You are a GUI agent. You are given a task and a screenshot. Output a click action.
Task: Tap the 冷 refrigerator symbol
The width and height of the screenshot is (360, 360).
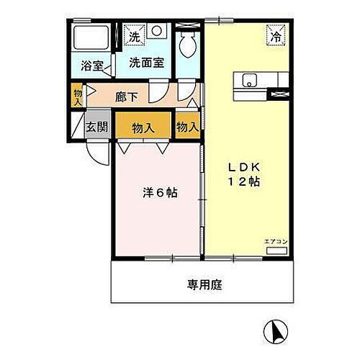(276, 33)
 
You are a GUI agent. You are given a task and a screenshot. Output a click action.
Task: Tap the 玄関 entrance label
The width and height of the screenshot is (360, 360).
(97, 126)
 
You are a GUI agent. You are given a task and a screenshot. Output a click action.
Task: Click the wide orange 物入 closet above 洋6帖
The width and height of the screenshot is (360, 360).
(143, 127)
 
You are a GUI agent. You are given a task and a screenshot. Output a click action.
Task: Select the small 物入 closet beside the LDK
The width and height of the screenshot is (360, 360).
(187, 127)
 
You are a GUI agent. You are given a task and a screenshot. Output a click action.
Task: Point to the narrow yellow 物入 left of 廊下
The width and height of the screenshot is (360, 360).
(78, 96)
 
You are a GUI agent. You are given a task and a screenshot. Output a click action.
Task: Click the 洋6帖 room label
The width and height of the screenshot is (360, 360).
(158, 194)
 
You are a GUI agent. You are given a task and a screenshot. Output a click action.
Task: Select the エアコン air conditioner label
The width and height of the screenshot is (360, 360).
(275, 241)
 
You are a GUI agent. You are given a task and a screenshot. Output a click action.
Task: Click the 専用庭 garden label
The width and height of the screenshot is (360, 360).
(205, 284)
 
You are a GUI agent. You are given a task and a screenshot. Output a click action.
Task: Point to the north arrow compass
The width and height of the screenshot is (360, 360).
(276, 330)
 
